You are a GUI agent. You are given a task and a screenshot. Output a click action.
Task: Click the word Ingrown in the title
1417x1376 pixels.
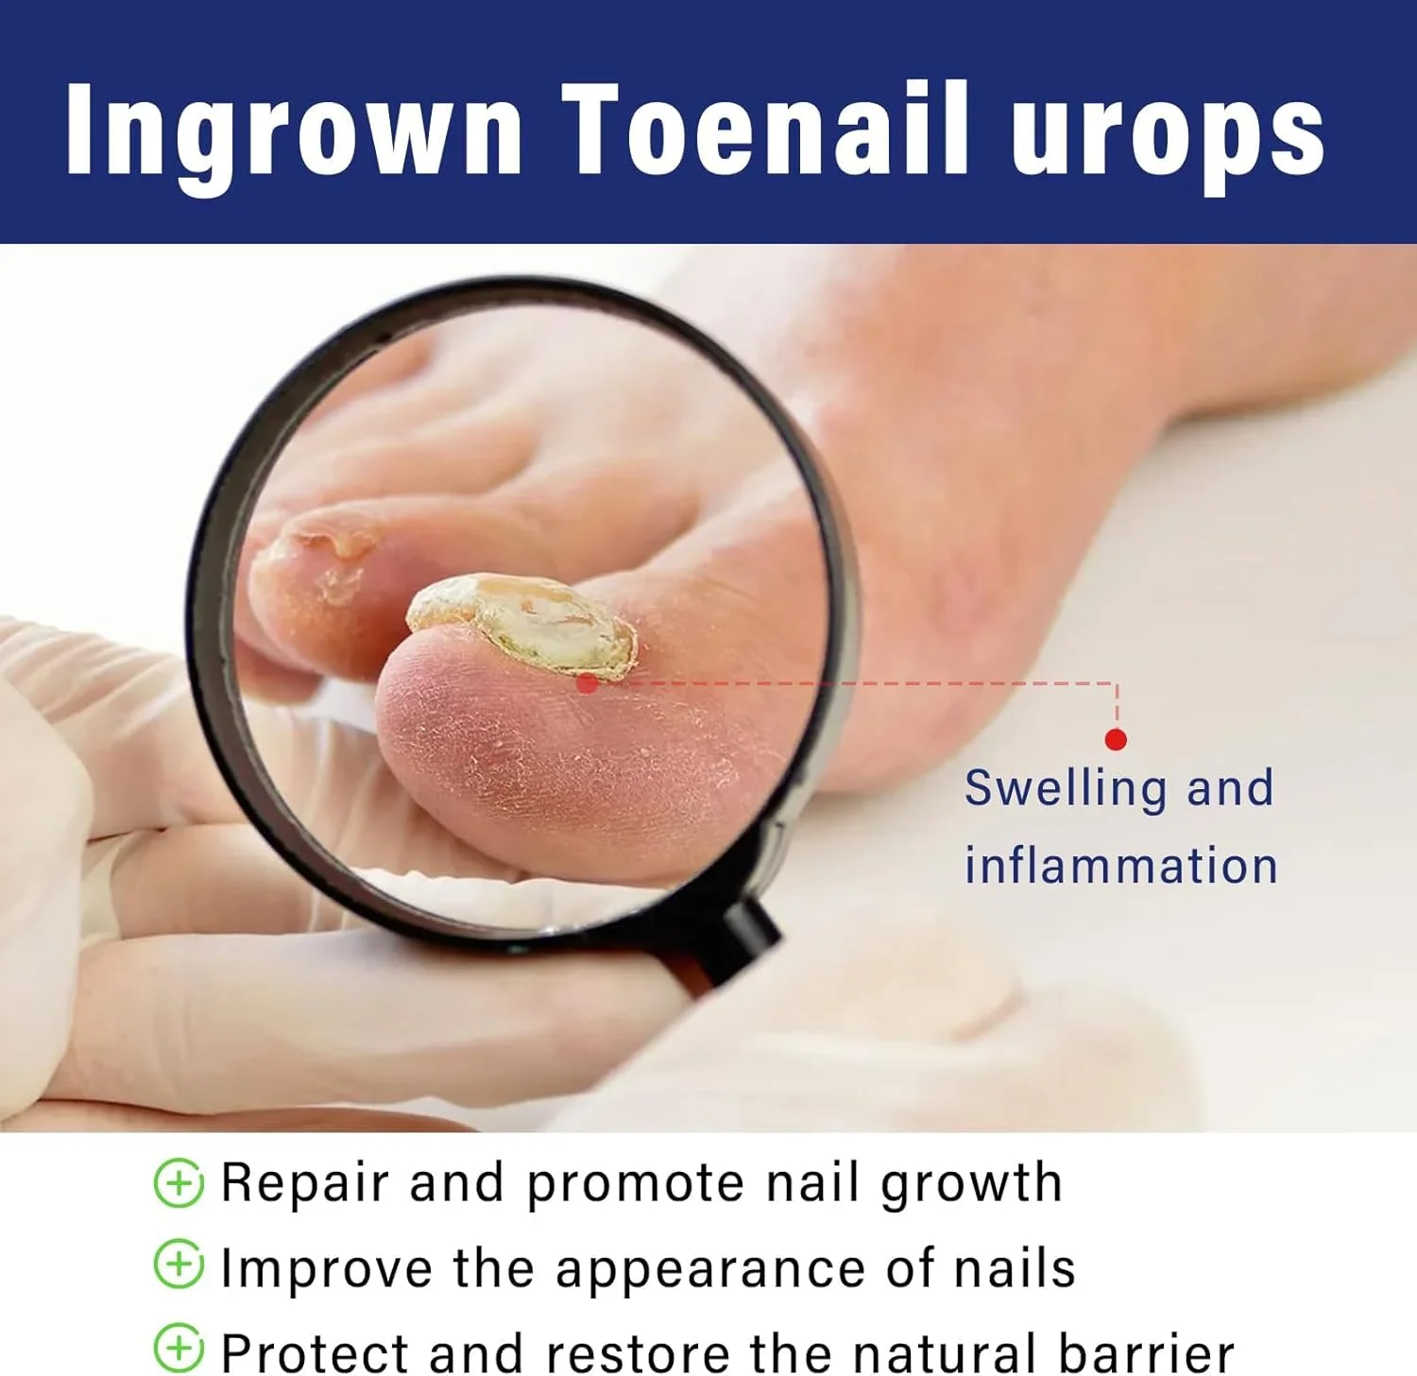point(294,133)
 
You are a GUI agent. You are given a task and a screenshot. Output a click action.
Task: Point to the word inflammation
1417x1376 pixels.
point(1121,865)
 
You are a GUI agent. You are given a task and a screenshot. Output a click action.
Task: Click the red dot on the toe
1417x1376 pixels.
point(587,682)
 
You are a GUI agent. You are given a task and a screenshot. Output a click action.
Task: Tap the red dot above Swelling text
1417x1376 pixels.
point(1116,739)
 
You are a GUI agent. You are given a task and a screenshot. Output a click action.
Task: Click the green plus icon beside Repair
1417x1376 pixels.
point(179,1182)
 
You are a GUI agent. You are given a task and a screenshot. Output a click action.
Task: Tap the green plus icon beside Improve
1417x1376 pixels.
point(179,1264)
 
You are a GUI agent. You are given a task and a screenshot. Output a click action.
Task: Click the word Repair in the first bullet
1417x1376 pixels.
point(304,1184)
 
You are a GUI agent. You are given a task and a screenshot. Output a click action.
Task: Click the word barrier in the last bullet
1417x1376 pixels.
point(1146,1351)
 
